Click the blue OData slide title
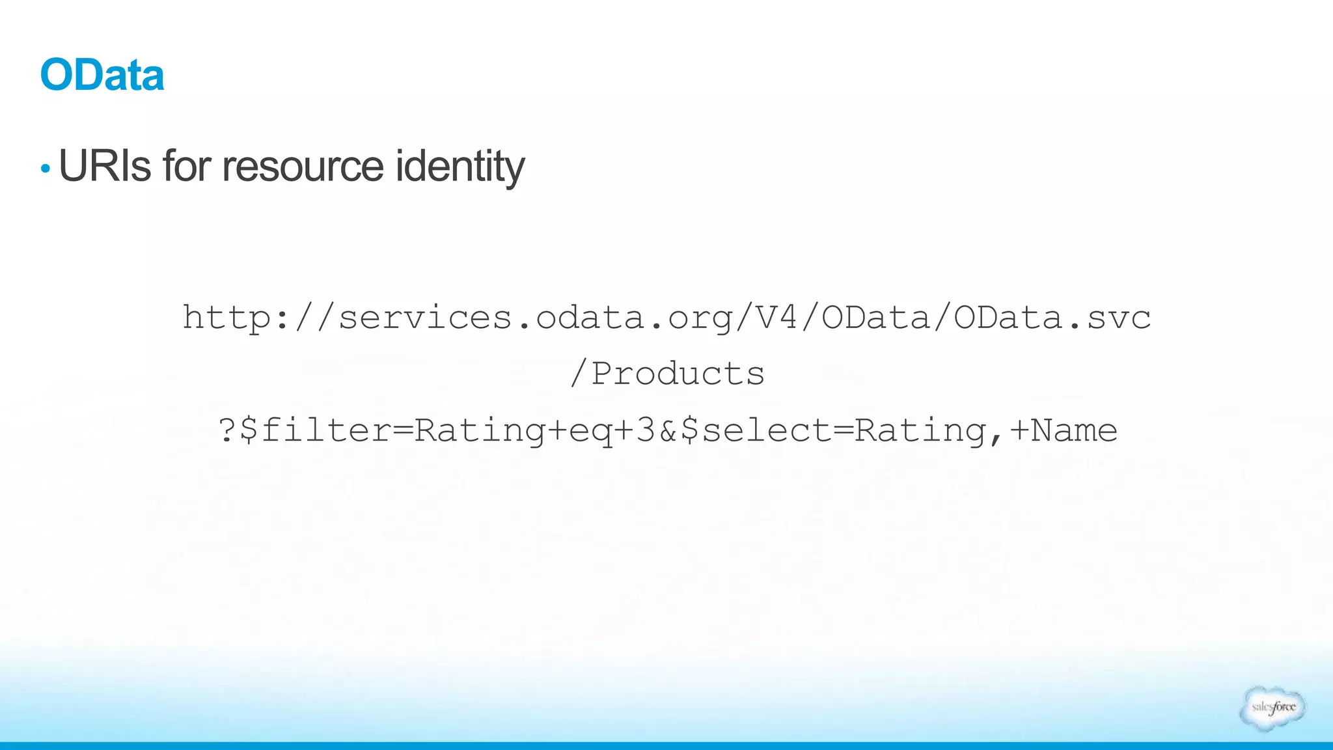102,75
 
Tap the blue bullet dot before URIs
45,169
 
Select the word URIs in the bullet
105,166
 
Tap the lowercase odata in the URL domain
590,318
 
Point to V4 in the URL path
777,318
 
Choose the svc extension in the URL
1119,318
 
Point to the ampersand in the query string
668,430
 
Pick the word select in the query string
767,430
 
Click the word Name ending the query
1075,430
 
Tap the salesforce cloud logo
1273,708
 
